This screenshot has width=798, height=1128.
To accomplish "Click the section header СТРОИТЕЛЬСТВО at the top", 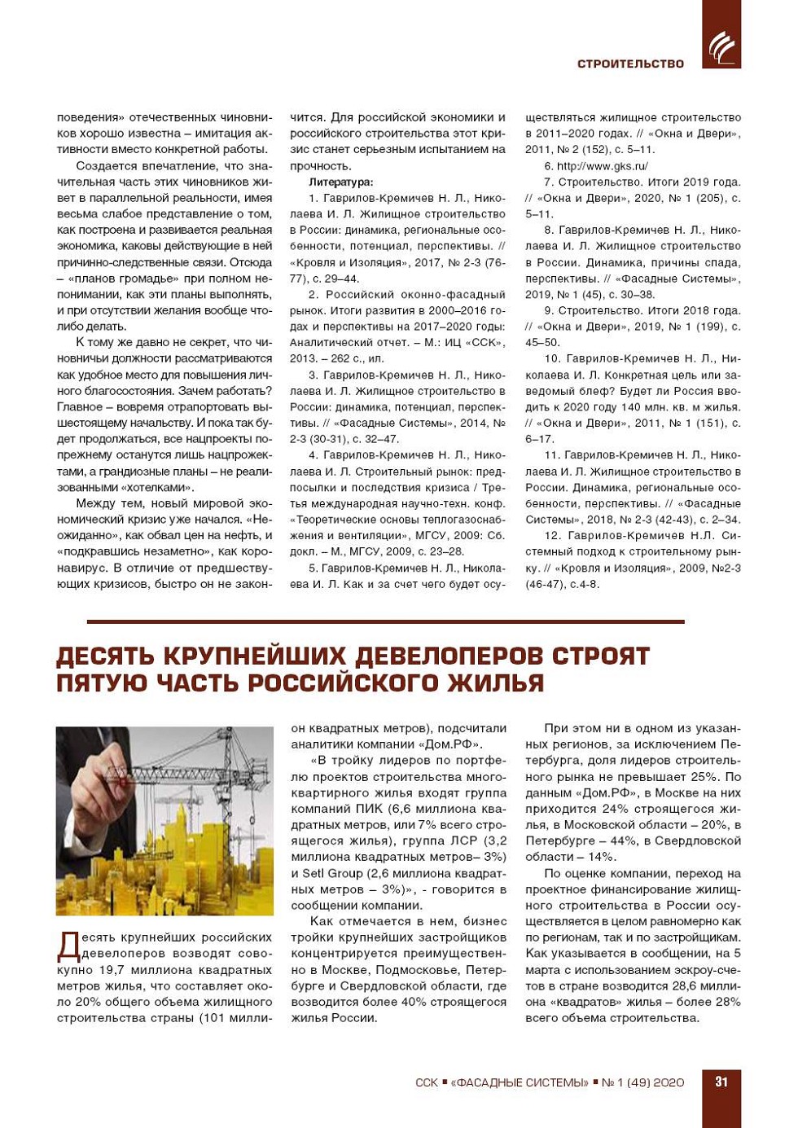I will coord(630,64).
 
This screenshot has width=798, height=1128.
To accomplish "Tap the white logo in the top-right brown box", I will coord(721,46).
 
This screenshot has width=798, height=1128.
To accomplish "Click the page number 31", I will coord(721,1082).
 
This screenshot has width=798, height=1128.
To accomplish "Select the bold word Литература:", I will coord(340,182).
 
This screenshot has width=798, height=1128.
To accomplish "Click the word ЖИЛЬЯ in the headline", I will coord(494,683).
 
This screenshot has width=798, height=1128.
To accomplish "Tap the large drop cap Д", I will coord(68,945).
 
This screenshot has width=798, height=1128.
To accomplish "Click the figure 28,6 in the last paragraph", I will coord(666,985).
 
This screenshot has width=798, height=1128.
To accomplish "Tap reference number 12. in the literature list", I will coord(553,535).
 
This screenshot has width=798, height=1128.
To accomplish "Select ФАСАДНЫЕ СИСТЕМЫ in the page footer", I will coord(521,1082).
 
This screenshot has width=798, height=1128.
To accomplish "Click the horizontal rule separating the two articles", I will coord(385,621).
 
